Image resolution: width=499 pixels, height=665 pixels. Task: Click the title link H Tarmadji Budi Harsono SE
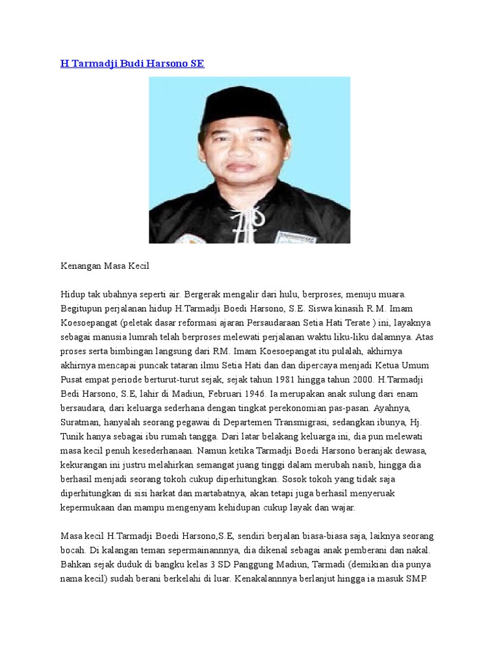tap(133, 64)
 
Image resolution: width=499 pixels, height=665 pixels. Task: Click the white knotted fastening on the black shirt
tap(242, 218)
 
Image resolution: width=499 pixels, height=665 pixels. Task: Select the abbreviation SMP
tap(413, 578)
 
